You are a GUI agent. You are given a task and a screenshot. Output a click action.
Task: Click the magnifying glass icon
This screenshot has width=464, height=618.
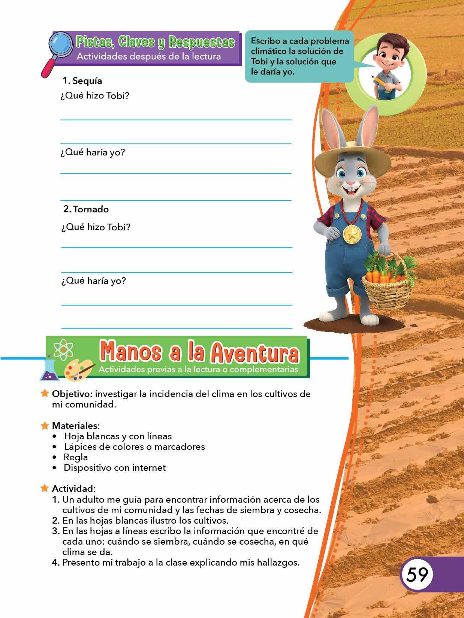(61, 45)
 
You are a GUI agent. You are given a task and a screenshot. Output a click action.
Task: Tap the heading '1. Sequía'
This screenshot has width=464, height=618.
(82, 81)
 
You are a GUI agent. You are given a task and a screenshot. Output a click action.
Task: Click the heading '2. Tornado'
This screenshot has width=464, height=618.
(86, 209)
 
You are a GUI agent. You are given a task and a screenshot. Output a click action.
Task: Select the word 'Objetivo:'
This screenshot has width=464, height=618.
(72, 394)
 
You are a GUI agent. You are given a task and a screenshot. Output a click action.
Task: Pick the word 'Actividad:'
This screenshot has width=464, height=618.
(73, 488)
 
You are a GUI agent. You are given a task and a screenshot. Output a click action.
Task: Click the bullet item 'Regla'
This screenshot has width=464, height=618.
(76, 457)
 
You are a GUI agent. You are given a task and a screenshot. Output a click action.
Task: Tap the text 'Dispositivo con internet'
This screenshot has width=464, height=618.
(115, 467)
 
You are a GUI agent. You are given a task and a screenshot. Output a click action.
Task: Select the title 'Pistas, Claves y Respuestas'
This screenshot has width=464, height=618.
(155, 42)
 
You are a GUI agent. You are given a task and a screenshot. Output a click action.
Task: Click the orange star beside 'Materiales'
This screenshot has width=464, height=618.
(45, 425)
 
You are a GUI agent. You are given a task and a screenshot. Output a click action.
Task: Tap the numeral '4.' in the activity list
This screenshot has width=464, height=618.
(56, 562)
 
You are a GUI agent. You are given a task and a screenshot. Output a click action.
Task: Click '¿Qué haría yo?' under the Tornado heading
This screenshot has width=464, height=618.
(93, 281)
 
